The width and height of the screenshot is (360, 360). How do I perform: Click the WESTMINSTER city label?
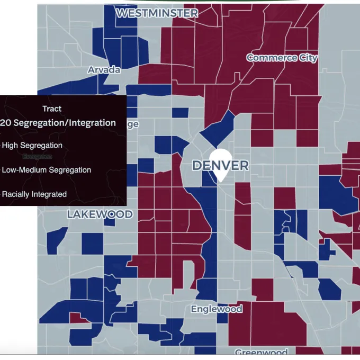pyautogui.click(x=157, y=13)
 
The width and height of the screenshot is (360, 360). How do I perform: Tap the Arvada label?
pyautogui.click(x=104, y=70)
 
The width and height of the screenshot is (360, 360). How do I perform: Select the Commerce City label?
pyautogui.click(x=282, y=58)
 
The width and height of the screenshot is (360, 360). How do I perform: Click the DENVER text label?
pyautogui.click(x=220, y=166)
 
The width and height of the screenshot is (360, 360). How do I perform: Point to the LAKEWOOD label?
pyautogui.click(x=100, y=214)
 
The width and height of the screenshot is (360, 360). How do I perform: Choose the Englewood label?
pyautogui.click(x=217, y=309)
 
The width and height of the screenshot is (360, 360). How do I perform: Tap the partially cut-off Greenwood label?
pyautogui.click(x=261, y=353)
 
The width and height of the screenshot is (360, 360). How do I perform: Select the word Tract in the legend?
pyautogui.click(x=52, y=109)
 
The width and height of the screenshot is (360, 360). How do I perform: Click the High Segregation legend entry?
pyautogui.click(x=32, y=146)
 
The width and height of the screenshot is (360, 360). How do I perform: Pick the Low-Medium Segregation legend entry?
pyautogui.click(x=47, y=170)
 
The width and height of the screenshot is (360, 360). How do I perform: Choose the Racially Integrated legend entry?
pyautogui.click(x=34, y=194)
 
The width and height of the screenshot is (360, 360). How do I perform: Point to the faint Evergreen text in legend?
pyautogui.click(x=38, y=157)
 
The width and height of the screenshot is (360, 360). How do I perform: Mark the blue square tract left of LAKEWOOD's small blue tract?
pyautogui.click(x=92, y=243)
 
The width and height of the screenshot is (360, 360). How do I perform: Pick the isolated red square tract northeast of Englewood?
pyautogui.click(x=262, y=289)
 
